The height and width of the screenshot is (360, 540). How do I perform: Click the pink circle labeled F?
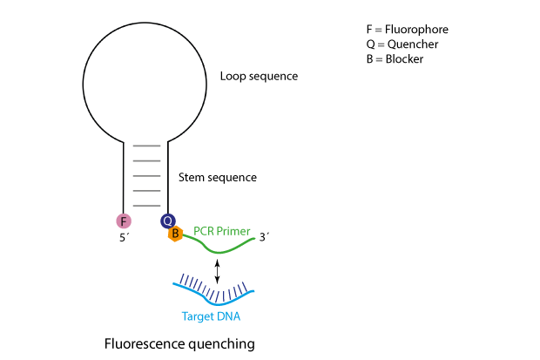pos(124,221)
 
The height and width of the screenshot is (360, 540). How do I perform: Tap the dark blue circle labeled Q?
pos(168,221)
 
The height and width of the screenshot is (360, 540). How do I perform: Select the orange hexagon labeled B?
pos(175,234)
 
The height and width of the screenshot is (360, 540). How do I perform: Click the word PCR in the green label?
pos(204,232)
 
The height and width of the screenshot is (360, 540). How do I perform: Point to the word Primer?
pos(233,232)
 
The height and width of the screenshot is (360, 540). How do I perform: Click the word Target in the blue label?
pos(197,316)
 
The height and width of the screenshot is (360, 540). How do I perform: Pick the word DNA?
pos(228,316)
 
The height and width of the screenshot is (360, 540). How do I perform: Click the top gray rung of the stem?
pos(146,146)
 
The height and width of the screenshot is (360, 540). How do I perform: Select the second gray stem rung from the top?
pos(146,160)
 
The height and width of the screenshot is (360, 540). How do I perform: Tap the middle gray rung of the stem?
pos(146,175)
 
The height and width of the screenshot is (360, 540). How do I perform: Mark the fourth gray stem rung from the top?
pos(146,190)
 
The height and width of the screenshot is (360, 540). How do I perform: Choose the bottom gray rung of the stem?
pos(146,205)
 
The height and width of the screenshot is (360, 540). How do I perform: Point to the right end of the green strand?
pos(254,239)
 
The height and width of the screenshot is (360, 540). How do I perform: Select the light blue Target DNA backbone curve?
pos(218,301)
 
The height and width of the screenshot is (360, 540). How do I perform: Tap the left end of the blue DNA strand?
pos(174,283)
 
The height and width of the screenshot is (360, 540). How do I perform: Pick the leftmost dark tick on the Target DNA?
pos(182,278)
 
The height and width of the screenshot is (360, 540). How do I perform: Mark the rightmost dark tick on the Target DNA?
pos(248,285)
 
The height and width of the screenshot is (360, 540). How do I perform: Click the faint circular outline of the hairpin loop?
pos(84,85)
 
